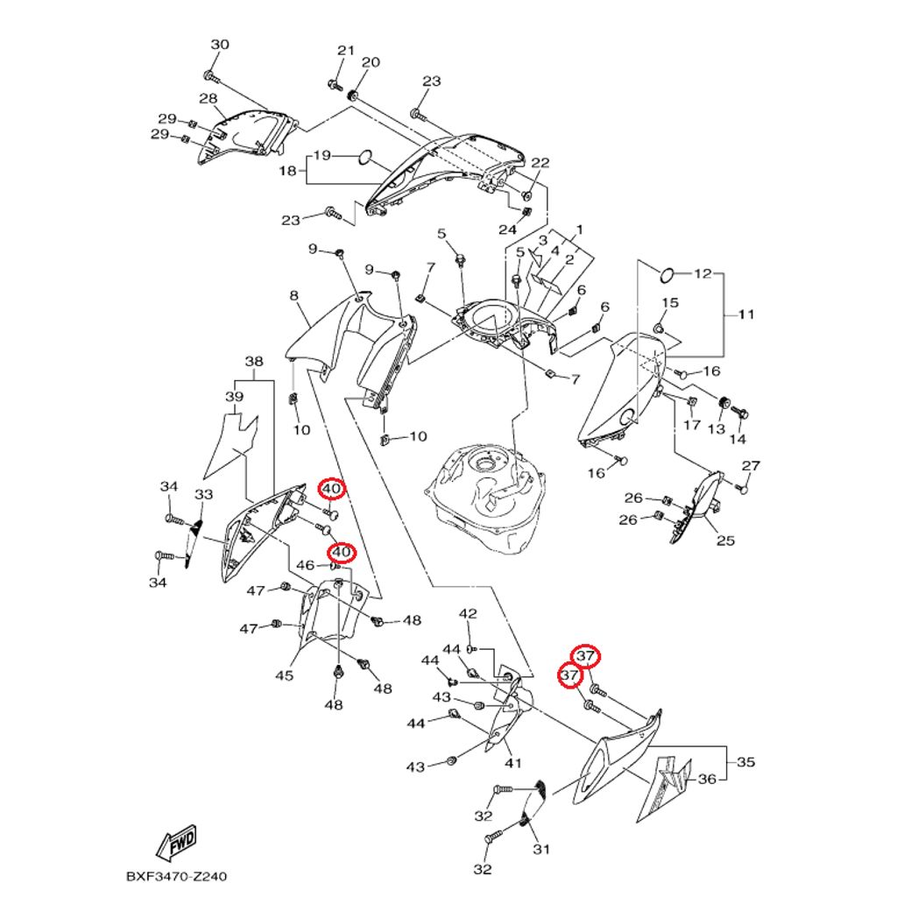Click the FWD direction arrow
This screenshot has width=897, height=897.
coord(177,843)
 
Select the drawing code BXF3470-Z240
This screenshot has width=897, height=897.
coord(176,876)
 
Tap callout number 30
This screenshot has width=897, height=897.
coord(220,45)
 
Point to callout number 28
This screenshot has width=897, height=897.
coord(208,98)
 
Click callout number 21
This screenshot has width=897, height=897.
coord(345,50)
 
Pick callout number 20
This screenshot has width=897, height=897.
coord(371,62)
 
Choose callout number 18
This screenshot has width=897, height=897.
coord(287,171)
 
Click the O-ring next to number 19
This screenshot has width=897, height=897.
coord(365,157)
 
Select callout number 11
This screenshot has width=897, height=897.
coord(746,314)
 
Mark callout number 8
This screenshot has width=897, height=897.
coord(294,296)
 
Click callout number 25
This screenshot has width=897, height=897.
coord(725,540)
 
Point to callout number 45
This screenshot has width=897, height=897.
coord(285,675)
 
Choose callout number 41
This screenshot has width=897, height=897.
coord(513,763)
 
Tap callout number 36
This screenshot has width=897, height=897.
coord(707,779)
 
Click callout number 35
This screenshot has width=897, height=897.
coord(745,761)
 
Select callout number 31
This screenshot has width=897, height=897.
coord(541,849)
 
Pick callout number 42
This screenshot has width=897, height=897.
coord(468,614)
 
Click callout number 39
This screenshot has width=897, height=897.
coord(234,397)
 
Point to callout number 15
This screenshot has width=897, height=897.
coord(670,302)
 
